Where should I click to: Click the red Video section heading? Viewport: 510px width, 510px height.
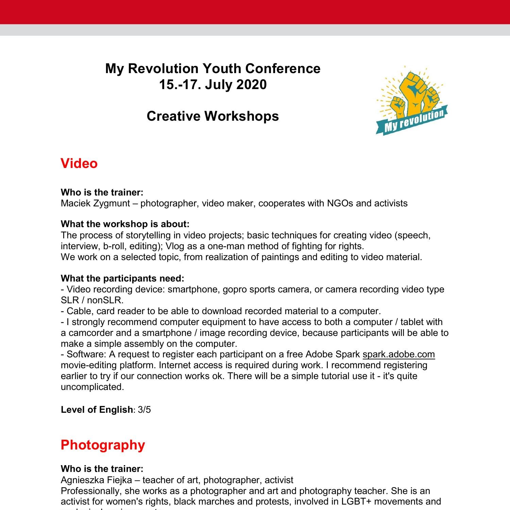pyautogui.click(x=79, y=164)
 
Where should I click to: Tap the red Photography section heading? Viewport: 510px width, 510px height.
pyautogui.click(x=103, y=445)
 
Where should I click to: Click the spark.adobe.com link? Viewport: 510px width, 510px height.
pyautogui.click(x=398, y=354)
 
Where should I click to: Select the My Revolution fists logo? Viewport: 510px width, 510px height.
pyautogui.click(x=411, y=100)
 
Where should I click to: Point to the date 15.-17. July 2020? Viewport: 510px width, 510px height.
pyautogui.click(x=213, y=84)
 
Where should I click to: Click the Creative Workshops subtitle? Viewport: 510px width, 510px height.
pyautogui.click(x=213, y=116)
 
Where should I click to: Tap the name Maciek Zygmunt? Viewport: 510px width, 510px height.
pyautogui.click(x=95, y=203)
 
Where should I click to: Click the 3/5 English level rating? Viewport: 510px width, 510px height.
pyautogui.click(x=144, y=410)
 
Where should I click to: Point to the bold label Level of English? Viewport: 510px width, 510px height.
pyautogui.click(x=97, y=410)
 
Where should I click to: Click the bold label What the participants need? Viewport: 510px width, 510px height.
pyautogui.click(x=122, y=278)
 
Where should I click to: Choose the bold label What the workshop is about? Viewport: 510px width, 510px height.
pyautogui.click(x=125, y=224)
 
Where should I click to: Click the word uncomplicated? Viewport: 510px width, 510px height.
pyautogui.click(x=92, y=387)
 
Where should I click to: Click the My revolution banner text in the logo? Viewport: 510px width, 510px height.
pyautogui.click(x=414, y=121)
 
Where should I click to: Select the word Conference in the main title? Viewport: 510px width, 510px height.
pyautogui.click(x=283, y=69)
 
